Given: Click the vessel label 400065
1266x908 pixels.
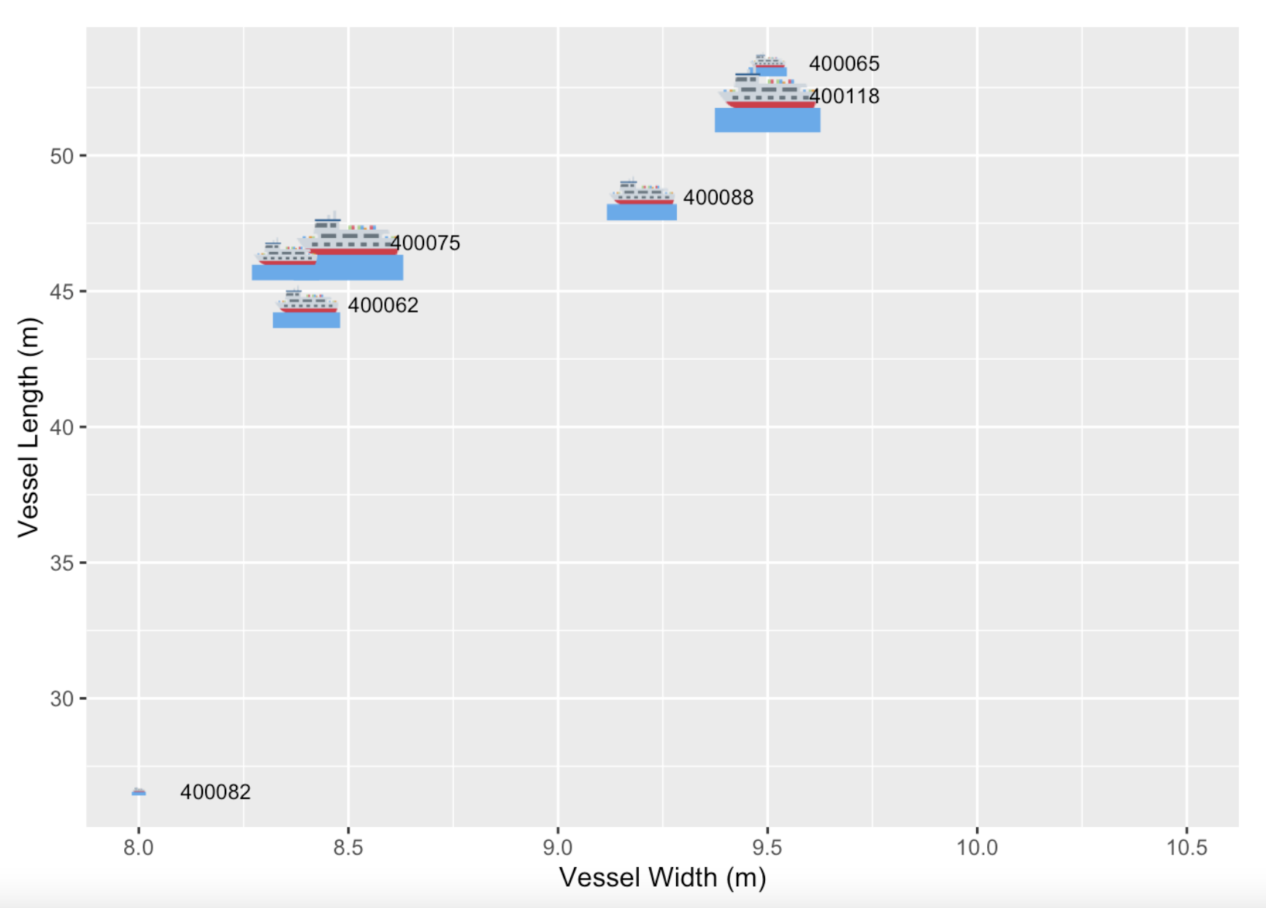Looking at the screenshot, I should click(x=843, y=64).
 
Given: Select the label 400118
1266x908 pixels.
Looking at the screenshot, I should click(x=845, y=96).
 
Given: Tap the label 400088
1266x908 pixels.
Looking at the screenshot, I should click(x=718, y=198).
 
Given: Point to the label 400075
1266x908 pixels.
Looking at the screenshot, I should click(x=426, y=243).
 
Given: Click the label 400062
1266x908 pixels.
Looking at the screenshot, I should click(x=383, y=305).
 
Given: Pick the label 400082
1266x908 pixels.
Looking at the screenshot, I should click(x=215, y=792).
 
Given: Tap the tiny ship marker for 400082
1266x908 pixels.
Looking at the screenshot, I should click(x=139, y=792).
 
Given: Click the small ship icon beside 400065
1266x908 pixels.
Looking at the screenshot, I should click(x=768, y=66).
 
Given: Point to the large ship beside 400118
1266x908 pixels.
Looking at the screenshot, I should click(x=767, y=102).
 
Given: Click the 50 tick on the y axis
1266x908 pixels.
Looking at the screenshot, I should click(x=62, y=156).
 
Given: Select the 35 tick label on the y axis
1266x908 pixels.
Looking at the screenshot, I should click(x=62, y=563).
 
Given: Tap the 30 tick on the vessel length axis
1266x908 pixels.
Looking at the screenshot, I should click(x=62, y=699).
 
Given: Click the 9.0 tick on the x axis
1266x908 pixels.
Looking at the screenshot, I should click(x=558, y=847).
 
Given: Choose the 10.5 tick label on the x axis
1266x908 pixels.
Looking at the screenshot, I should click(x=1186, y=847).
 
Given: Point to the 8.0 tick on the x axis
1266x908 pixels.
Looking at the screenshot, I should click(x=139, y=847).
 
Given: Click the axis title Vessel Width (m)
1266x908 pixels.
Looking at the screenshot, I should click(x=662, y=877).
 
